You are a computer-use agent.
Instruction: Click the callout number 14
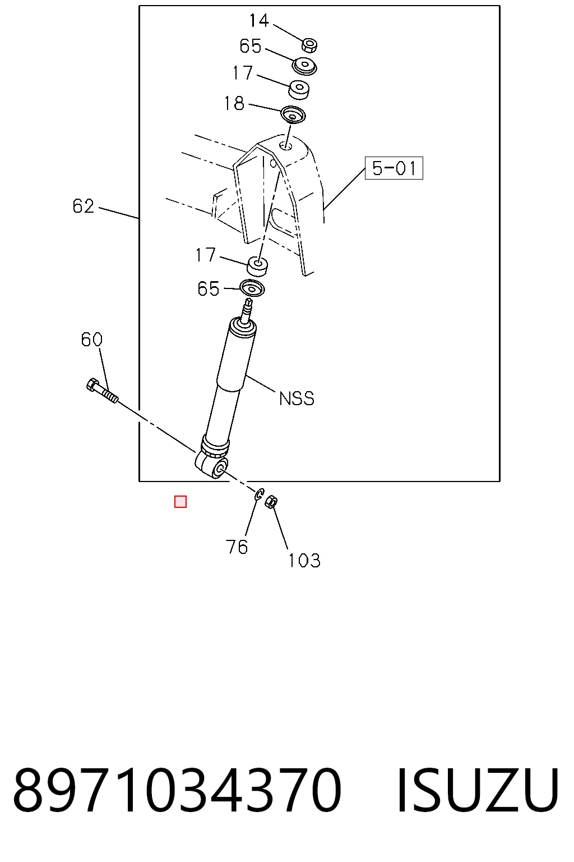259,21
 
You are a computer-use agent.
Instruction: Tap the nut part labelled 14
309,45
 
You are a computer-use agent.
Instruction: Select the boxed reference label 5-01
394,168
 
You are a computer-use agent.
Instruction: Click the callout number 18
234,103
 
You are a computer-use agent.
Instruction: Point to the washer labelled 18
293,114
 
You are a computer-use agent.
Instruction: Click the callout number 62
83,207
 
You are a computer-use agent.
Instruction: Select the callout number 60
91,340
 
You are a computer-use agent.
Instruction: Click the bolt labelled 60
102,391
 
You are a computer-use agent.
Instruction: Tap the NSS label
297,398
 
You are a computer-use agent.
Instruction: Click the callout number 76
237,547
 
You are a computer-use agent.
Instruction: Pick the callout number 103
304,561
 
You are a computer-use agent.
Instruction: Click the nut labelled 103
271,502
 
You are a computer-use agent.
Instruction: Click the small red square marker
180,502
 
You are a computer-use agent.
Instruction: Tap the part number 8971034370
177,790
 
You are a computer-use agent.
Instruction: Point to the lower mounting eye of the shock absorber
212,467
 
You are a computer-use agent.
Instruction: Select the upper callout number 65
250,46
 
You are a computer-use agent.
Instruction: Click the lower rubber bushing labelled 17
257,267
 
